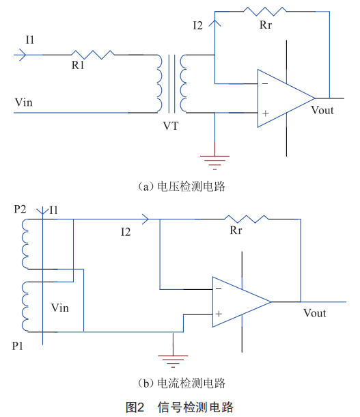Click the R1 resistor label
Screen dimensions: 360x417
[78, 65]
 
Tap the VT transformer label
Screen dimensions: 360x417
[171, 126]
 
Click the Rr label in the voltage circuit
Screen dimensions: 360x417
[266, 25]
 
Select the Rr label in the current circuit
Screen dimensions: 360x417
[236, 230]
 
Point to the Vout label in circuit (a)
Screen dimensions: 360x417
[322, 110]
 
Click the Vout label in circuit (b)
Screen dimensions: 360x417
[314, 313]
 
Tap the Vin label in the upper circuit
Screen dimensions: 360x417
[24, 103]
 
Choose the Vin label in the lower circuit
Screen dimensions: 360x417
[60, 308]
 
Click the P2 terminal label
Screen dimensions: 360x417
[20, 209]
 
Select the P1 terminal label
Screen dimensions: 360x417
[18, 346]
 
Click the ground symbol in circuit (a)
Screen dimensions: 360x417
[214, 162]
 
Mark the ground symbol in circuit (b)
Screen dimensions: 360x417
[173, 362]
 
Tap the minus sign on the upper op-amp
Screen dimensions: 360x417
[265, 84]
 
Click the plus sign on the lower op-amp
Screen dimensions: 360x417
[219, 314]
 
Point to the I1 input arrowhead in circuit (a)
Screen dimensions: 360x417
[23, 55]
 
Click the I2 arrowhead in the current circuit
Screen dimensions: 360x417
[146, 219]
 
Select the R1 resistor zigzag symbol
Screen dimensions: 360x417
[93, 55]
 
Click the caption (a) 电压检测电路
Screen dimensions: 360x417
[182, 187]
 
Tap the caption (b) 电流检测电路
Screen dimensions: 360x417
[182, 384]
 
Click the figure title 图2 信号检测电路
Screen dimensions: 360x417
[180, 407]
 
